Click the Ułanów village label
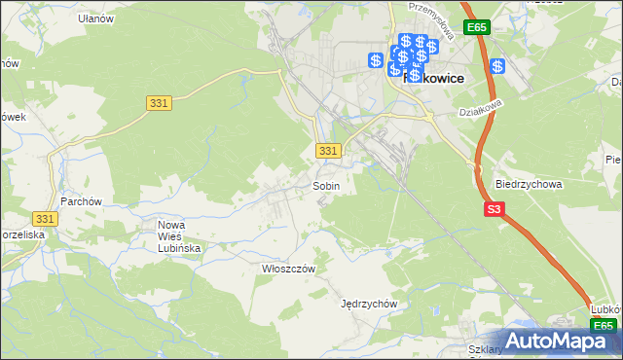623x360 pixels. point(96,18)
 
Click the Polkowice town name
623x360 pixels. point(431,76)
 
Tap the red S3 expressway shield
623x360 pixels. point(495,209)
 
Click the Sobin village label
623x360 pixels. point(325,185)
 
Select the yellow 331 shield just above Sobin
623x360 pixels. point(329,151)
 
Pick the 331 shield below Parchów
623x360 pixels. point(44,220)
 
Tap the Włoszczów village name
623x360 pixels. point(283,268)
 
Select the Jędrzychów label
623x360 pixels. point(370,303)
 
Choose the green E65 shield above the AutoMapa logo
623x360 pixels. point(604,326)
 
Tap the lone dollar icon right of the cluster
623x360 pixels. point(497,66)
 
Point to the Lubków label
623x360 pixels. point(605,308)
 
